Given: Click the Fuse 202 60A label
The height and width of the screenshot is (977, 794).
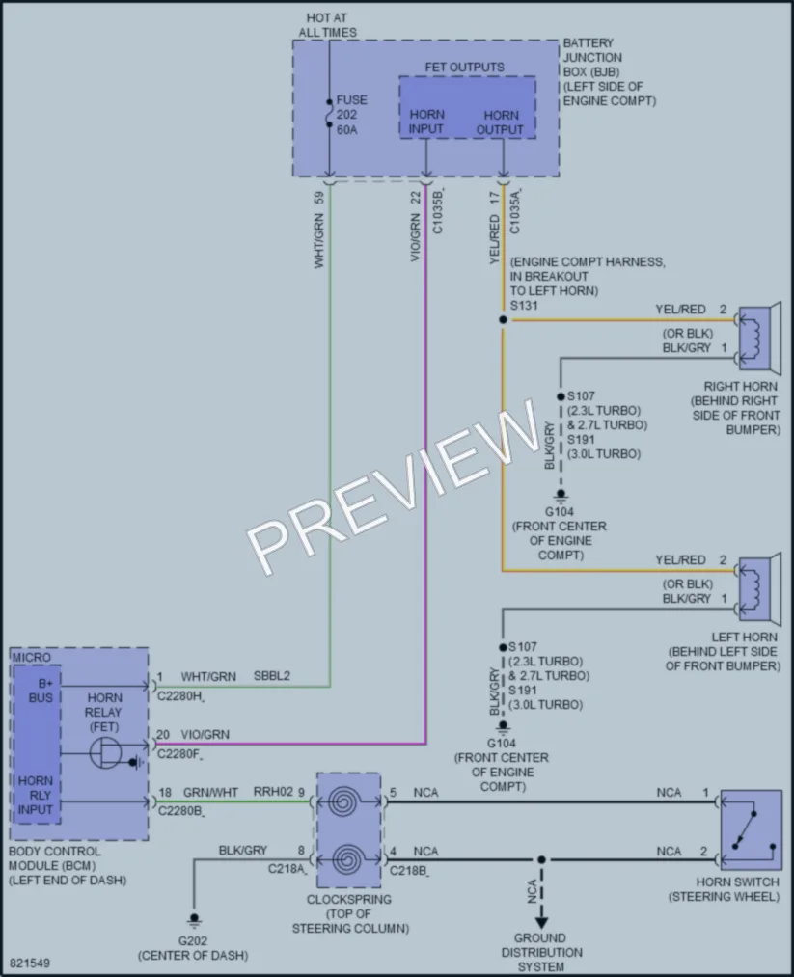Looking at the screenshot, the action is [x=351, y=115].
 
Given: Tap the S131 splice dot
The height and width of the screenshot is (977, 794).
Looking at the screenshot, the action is [x=503, y=319].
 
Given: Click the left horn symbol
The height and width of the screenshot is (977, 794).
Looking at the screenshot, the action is [x=759, y=589].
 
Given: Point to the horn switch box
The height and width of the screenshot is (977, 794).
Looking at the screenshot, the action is [x=751, y=830].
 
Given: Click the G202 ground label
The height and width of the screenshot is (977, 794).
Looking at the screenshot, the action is [x=193, y=941].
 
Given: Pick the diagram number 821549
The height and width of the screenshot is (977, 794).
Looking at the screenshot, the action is [x=30, y=963].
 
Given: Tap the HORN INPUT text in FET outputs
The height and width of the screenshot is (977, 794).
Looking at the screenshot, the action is [x=426, y=122].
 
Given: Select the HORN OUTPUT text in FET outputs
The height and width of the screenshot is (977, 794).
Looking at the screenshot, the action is [x=501, y=122].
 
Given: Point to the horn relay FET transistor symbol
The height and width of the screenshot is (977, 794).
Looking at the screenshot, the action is [x=105, y=754].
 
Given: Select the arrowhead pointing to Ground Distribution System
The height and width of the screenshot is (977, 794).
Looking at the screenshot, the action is [x=541, y=922].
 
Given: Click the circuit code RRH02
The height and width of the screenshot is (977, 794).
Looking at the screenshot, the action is [x=273, y=792].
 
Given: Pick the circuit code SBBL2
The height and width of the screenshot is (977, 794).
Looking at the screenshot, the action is [x=272, y=676].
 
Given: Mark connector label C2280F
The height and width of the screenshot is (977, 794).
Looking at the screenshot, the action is [x=178, y=754].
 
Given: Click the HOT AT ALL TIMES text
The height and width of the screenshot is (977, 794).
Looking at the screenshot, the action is [x=327, y=25].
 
